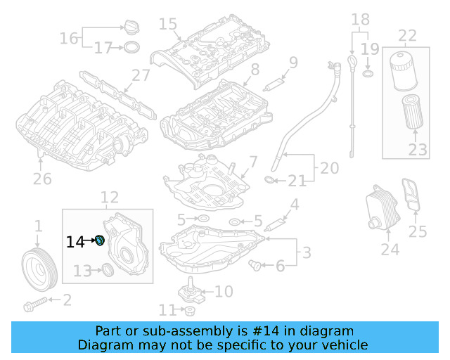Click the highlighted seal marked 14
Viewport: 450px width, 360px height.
pyautogui.click(x=100, y=241)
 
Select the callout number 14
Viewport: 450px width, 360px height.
pyautogui.click(x=75, y=242)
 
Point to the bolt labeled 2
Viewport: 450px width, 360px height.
pyautogui.click(x=35, y=304)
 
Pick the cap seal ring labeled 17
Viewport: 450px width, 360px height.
pyautogui.click(x=130, y=48)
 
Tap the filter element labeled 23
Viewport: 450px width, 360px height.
pyautogui.click(x=413, y=113)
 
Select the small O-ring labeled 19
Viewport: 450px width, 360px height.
pyautogui.click(x=368, y=74)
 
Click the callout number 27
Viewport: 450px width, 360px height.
pyautogui.click(x=141, y=76)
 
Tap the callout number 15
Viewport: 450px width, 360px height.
pyautogui.click(x=167, y=25)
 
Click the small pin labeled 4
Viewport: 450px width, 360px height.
pyautogui.click(x=275, y=225)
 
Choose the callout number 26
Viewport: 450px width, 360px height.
pyautogui.click(x=42, y=179)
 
